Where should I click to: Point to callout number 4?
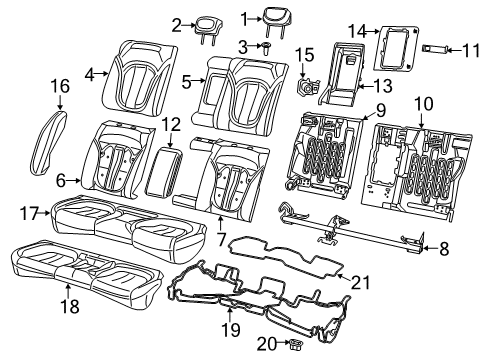tap(89, 72)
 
